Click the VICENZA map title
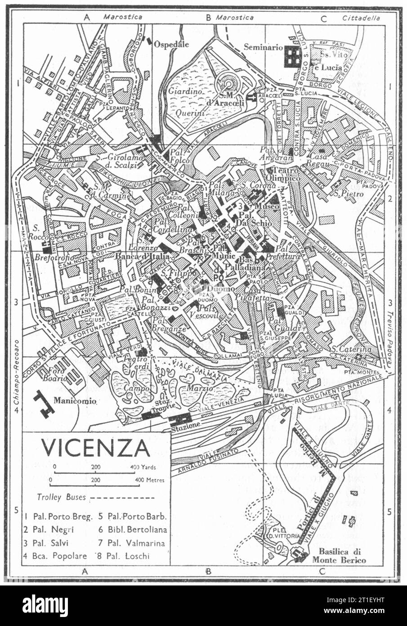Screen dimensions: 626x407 tap(96, 447)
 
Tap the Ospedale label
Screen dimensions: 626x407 tap(171, 45)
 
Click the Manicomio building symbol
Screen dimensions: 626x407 tap(44, 402)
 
